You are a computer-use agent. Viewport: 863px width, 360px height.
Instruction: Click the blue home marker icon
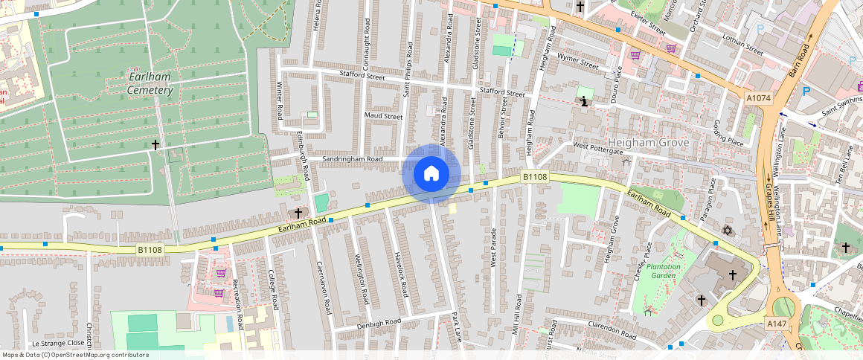point(431,174)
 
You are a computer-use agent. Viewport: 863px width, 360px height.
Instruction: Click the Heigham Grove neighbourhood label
point(648,142)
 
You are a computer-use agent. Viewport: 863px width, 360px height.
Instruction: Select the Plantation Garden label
point(662,271)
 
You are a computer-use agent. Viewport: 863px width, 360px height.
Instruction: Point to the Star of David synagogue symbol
point(728,229)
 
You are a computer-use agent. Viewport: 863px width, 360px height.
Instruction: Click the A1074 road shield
point(759,98)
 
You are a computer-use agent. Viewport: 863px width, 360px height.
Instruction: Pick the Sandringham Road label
point(352,159)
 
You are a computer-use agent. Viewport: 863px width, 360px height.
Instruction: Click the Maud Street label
point(383,116)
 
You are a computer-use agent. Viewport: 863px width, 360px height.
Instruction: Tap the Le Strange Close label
point(58,344)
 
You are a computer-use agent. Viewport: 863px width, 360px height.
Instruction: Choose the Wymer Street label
point(578,61)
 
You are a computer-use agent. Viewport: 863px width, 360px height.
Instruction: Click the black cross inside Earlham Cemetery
point(155,145)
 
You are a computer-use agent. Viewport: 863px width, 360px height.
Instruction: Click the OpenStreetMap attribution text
point(75,355)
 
